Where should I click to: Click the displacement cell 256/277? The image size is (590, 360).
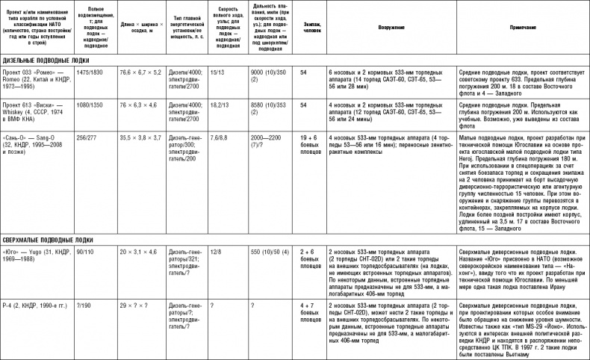tap(94, 139)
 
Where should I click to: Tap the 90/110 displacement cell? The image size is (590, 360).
tap(92, 253)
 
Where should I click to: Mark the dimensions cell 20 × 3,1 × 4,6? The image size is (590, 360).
tap(140, 253)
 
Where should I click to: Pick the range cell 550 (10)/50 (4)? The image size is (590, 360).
tap(267, 253)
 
